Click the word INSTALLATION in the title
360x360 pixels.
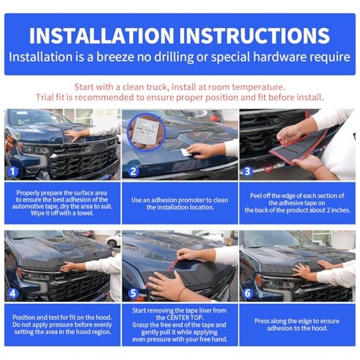coord(102,35)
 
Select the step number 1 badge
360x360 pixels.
coord(13,171)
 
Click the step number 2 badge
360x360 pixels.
coord(133,171)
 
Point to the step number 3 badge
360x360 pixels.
coord(248,171)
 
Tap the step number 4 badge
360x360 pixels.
coord(13,293)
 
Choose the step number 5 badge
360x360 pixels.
coord(133,293)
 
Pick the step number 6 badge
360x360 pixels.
coord(248,293)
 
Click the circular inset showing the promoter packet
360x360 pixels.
coord(146,132)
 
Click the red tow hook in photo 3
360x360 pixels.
coord(269,168)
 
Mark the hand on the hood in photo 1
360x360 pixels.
coord(74,135)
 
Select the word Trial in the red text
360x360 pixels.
coord(44,97)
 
